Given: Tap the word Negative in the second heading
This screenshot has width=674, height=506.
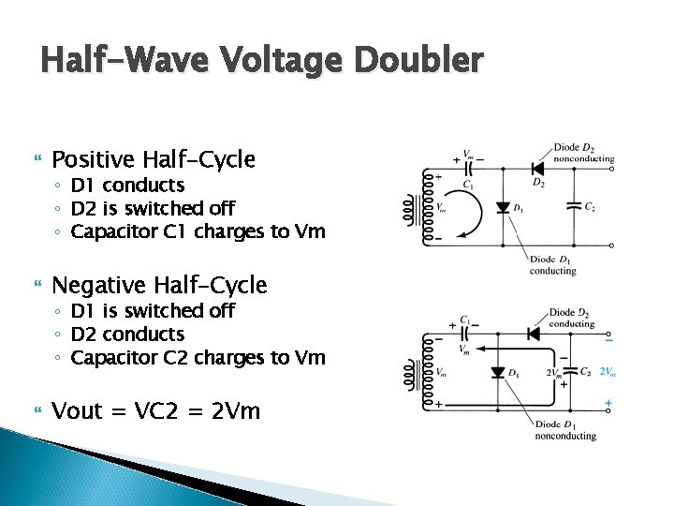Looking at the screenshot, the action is pyautogui.click(x=97, y=285).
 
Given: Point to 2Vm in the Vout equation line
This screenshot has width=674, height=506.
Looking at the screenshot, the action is pyautogui.click(x=235, y=410).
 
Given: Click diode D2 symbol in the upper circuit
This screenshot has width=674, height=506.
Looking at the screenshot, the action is pyautogui.click(x=538, y=169).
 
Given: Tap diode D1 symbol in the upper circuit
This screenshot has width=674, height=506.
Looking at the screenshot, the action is pyautogui.click(x=503, y=207).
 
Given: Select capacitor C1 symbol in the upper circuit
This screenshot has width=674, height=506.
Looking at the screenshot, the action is pyautogui.click(x=471, y=170).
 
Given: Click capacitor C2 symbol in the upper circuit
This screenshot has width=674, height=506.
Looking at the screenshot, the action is pyautogui.click(x=572, y=205).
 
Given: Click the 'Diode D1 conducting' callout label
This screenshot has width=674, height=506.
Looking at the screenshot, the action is pyautogui.click(x=552, y=265).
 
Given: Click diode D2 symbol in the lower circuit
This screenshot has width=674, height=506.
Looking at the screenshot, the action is pyautogui.click(x=534, y=334).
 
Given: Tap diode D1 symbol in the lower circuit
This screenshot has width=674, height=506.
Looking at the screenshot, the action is pyautogui.click(x=498, y=372).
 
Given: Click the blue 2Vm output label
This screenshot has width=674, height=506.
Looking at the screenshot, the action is pyautogui.click(x=608, y=371).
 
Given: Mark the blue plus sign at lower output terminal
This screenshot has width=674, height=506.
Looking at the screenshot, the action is pyautogui.click(x=608, y=403).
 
